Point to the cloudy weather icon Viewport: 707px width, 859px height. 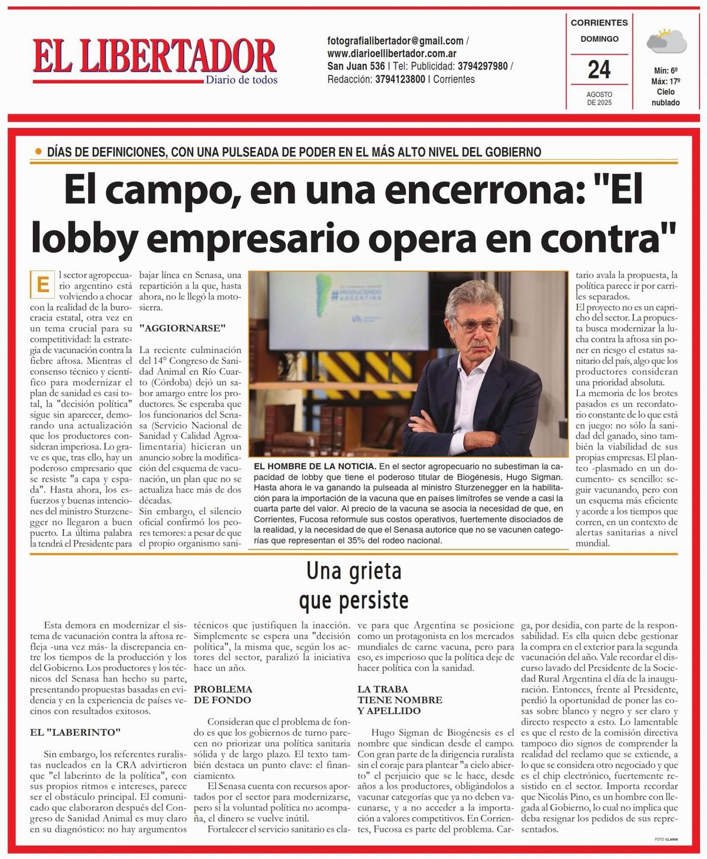point(666,41)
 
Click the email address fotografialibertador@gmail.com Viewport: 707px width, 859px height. point(395,41)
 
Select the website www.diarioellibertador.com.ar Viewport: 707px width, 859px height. point(392,54)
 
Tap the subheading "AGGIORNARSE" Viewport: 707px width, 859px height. point(182,328)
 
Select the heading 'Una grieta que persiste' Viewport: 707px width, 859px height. point(353,585)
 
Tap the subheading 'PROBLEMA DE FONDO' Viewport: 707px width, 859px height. point(223,695)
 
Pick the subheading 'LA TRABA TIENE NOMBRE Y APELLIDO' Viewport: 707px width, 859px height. point(400,700)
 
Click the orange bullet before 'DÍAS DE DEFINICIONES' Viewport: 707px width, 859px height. point(39,152)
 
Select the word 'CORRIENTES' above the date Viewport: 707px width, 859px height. point(599,23)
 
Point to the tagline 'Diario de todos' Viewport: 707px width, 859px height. point(242,80)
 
